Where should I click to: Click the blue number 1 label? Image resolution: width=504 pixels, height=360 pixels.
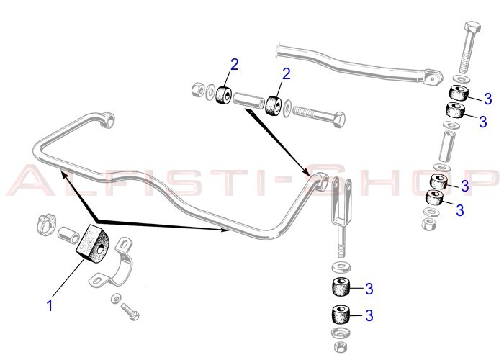point(50,306)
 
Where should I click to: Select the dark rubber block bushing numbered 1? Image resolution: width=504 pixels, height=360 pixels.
point(93,243)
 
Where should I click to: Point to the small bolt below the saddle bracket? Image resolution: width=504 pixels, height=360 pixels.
point(130,311)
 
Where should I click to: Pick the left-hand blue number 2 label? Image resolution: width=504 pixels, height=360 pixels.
point(235,65)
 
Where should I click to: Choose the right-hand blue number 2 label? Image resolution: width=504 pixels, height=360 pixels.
point(286,74)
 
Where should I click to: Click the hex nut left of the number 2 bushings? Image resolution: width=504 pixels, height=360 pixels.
point(197,89)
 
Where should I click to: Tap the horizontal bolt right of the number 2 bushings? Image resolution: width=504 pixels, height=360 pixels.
point(319,116)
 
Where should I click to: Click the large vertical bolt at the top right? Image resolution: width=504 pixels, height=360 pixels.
point(469,48)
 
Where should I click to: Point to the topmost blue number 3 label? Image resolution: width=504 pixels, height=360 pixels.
point(488,99)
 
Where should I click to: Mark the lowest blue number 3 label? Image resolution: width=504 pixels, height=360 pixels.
point(369,315)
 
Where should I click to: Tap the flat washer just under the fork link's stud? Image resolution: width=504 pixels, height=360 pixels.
point(341,267)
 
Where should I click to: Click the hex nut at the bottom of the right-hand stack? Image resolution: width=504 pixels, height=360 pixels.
point(429,224)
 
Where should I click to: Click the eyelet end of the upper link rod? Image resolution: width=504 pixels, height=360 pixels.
point(433,78)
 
